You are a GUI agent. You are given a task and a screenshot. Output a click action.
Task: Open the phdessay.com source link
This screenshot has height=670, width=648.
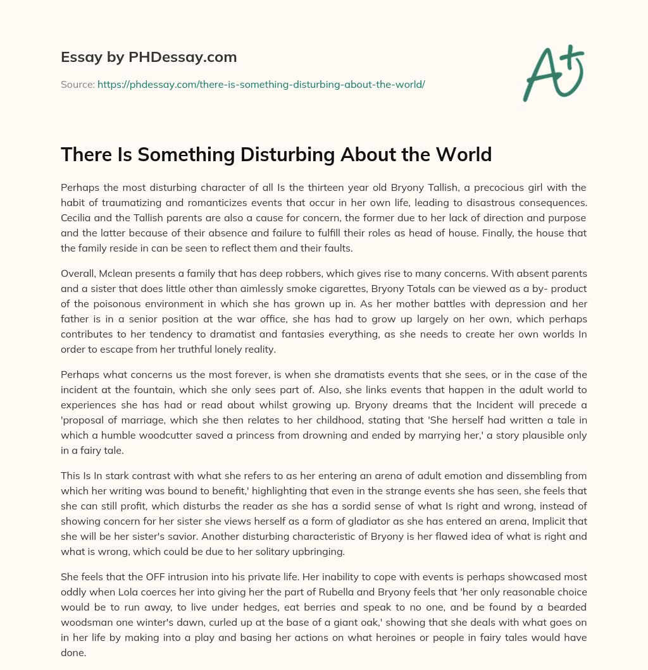(x=261, y=84)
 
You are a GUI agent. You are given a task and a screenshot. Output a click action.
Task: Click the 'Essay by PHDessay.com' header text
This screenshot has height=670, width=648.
(x=149, y=58)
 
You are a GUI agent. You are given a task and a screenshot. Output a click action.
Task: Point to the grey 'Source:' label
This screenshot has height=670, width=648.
(x=78, y=84)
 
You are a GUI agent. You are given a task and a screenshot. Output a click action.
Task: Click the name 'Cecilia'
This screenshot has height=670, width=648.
(x=78, y=217)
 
